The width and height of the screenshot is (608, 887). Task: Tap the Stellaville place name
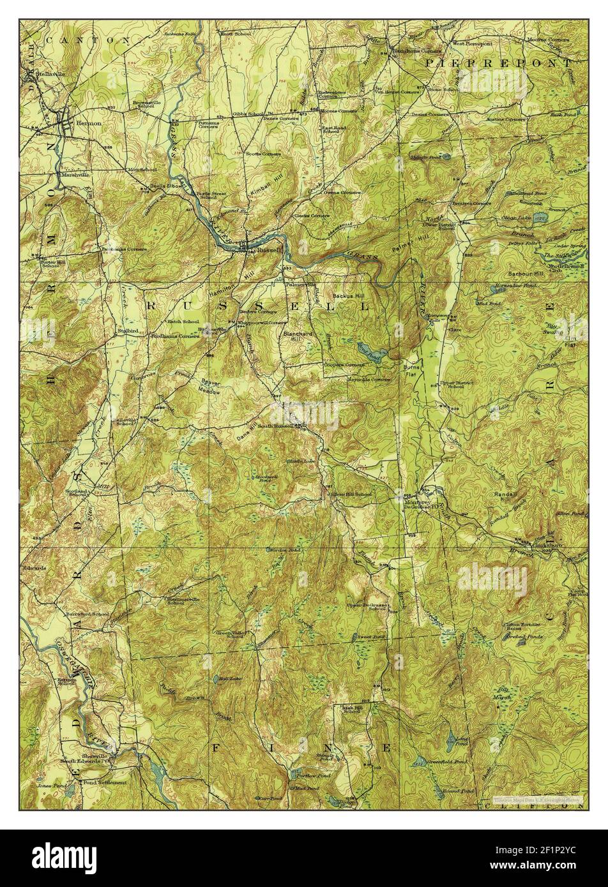coord(52,74)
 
